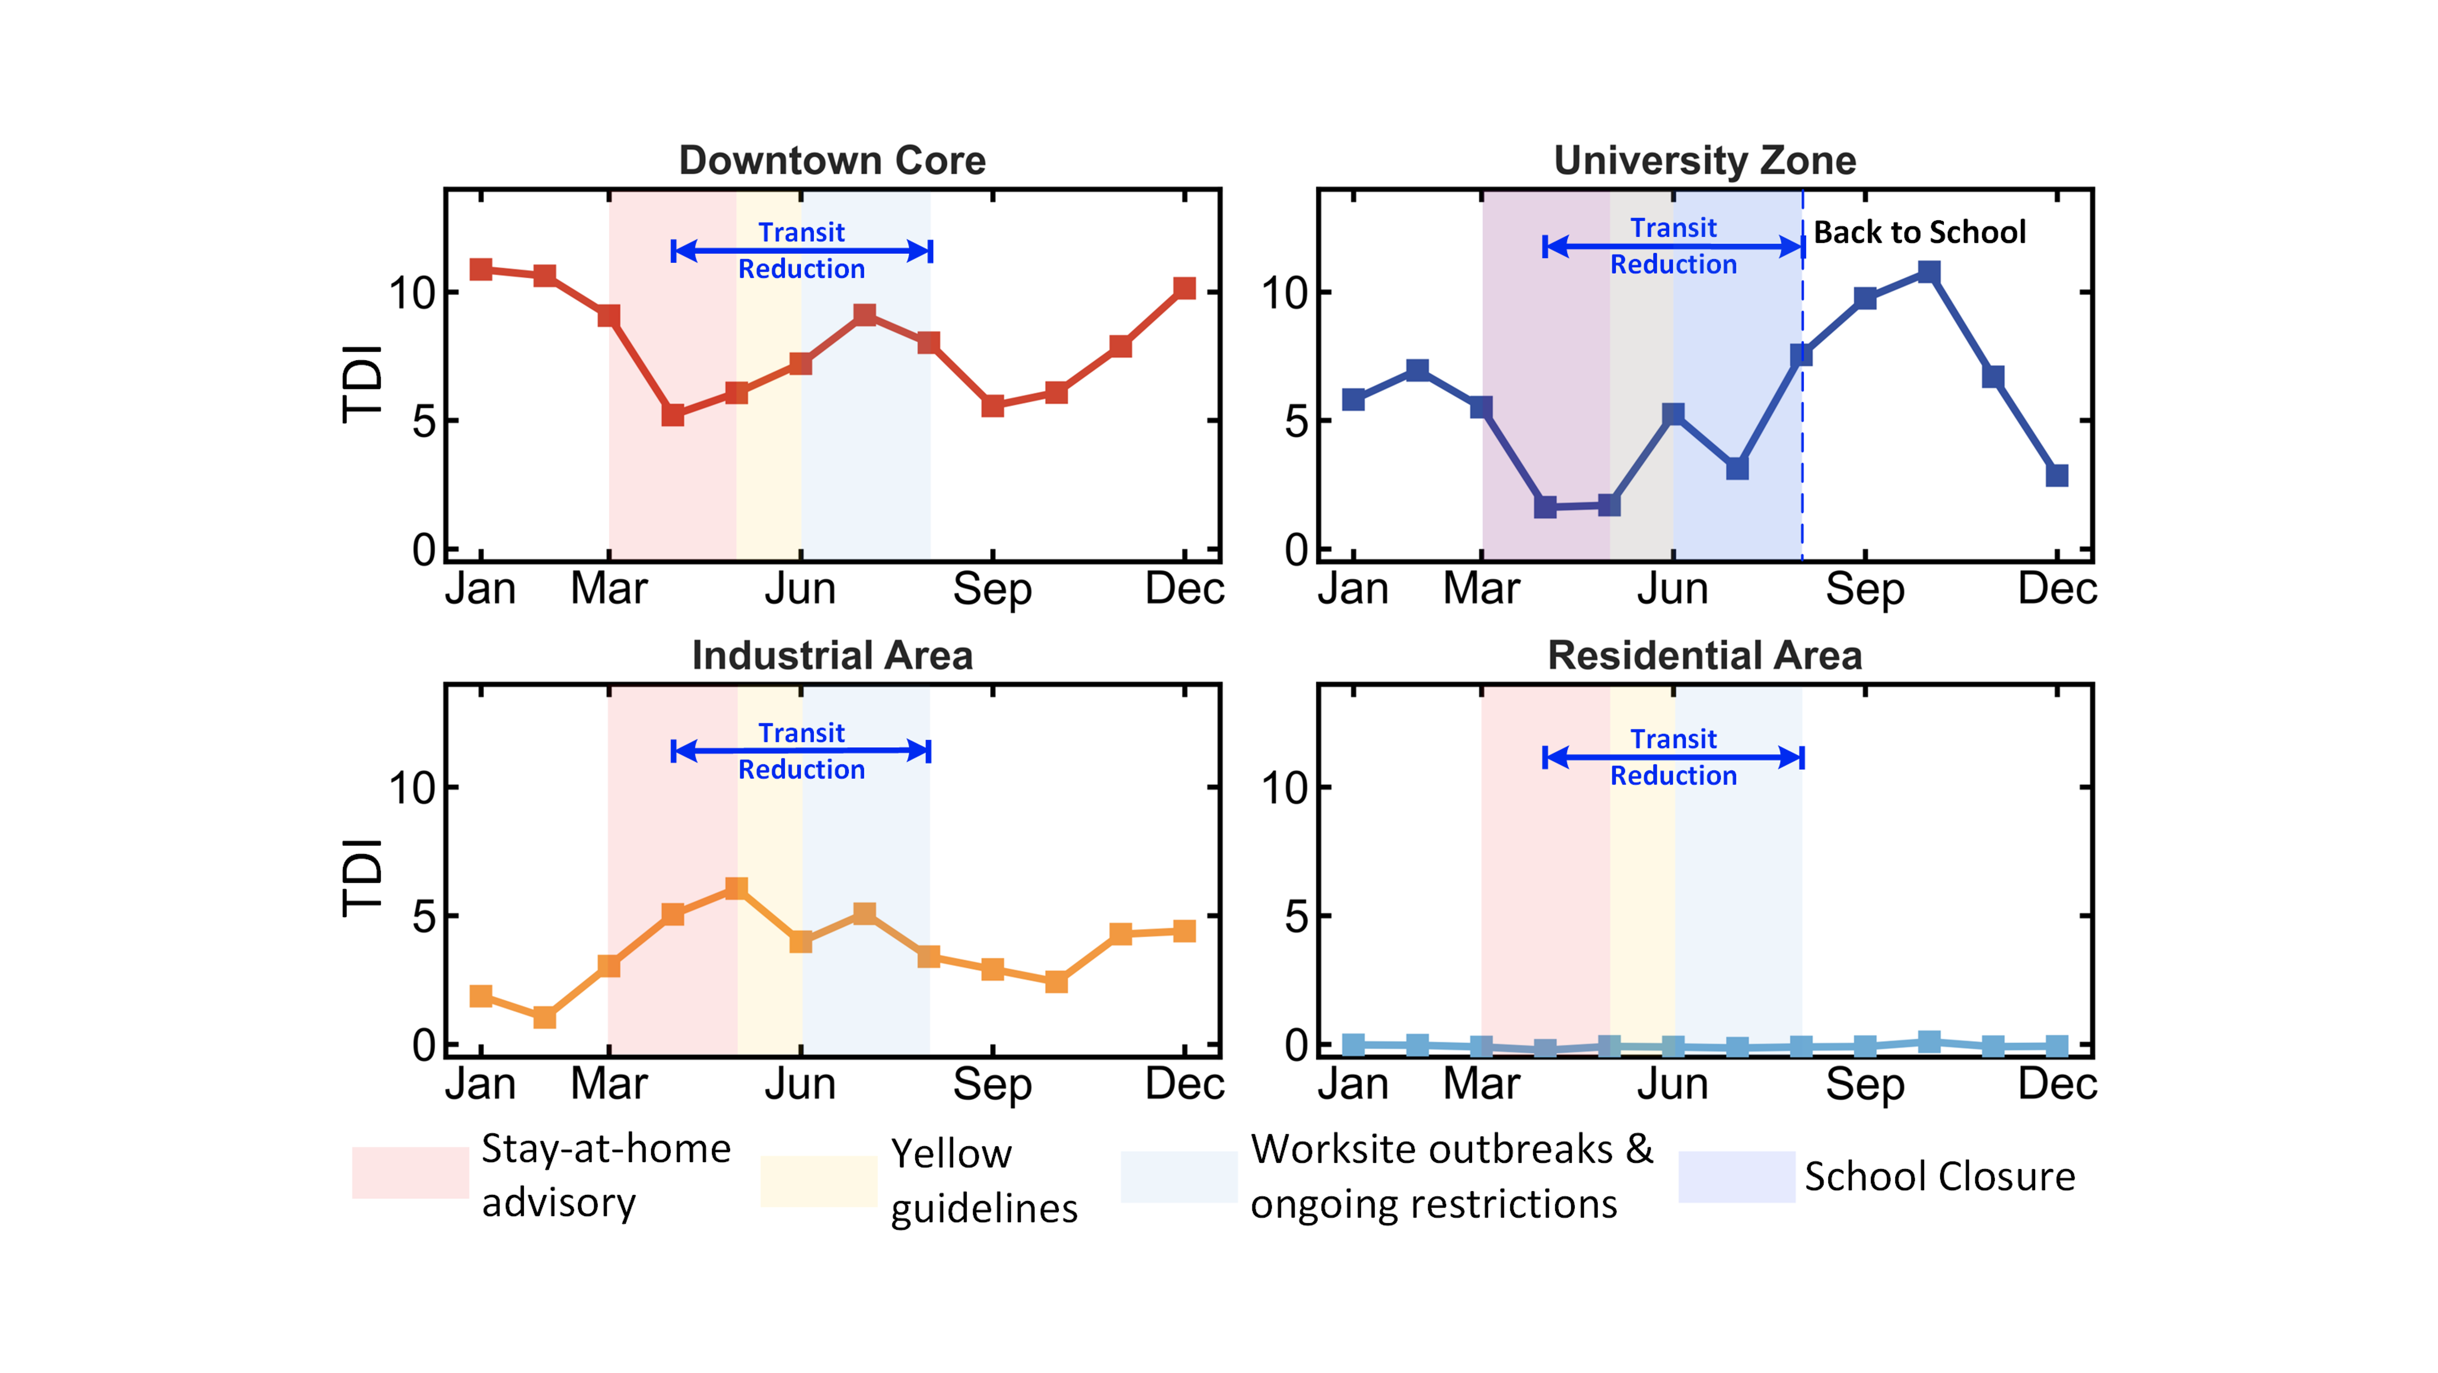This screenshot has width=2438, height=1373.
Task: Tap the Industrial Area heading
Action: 832,655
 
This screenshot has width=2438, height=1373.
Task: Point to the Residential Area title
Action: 1704,655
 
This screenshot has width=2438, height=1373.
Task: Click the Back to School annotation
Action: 1919,232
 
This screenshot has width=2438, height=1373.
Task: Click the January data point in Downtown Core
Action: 481,270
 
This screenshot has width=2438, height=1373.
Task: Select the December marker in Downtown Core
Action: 1184,289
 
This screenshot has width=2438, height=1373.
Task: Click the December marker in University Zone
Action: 2057,475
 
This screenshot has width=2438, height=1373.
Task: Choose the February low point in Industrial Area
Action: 544,1017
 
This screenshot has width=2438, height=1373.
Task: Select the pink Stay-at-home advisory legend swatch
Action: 410,1173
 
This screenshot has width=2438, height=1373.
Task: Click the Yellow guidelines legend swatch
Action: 819,1180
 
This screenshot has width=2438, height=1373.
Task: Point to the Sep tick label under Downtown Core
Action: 992,590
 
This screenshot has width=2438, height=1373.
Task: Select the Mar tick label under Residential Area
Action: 1481,1084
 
